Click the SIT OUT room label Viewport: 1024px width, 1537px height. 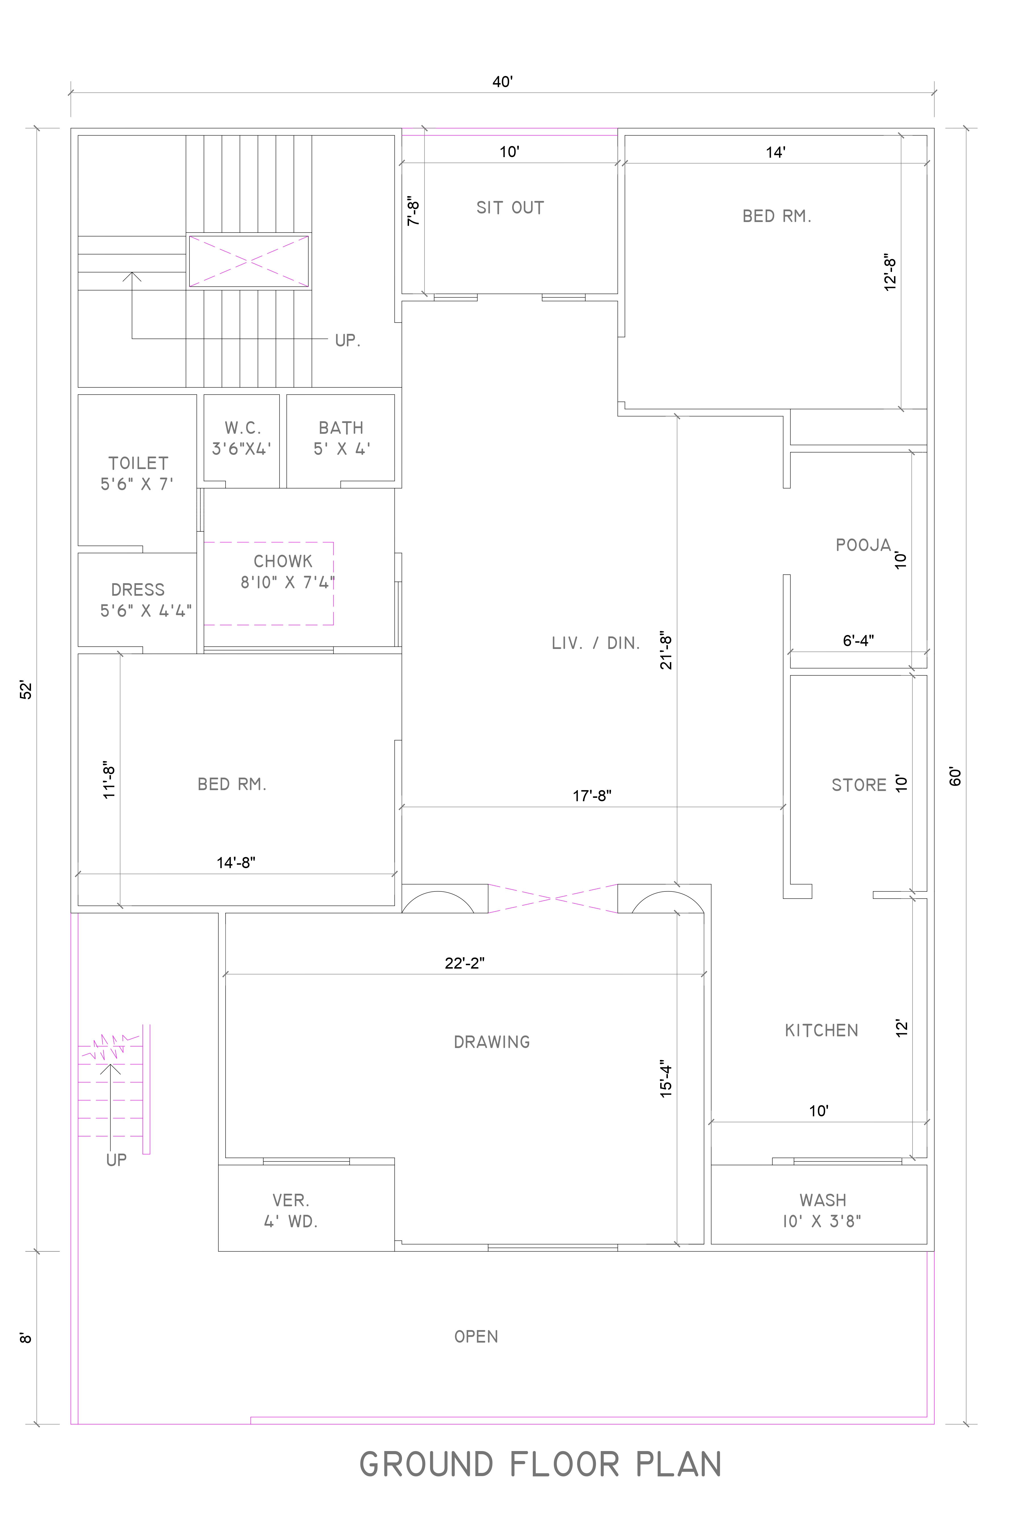pyautogui.click(x=510, y=208)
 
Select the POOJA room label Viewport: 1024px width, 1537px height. pyautogui.click(x=863, y=545)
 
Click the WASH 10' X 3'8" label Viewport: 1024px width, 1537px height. pyautogui.click(x=822, y=1210)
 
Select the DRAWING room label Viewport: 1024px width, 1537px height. pyautogui.click(x=492, y=1042)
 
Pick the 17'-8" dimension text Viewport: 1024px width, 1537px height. pyautogui.click(x=592, y=795)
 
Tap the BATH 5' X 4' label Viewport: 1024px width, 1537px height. pyautogui.click(x=341, y=438)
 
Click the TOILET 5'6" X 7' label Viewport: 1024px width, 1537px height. pyautogui.click(x=138, y=473)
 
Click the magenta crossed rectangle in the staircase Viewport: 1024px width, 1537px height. pyautogui.click(x=249, y=261)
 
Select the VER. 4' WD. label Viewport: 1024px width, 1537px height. pyautogui.click(x=291, y=1210)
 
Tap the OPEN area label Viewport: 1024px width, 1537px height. pyautogui.click(x=476, y=1336)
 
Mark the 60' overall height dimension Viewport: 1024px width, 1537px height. pyautogui.click(x=955, y=776)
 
